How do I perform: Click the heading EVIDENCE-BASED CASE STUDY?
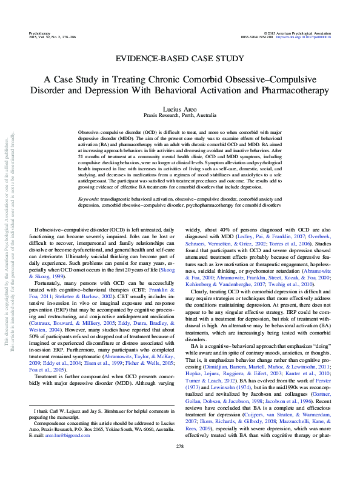(180, 59)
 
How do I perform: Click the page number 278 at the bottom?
(180, 464)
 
